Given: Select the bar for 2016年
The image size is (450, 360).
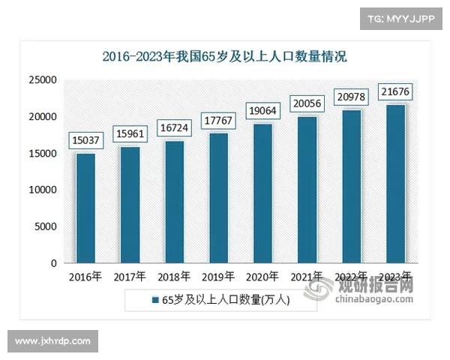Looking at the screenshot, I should click(85, 208).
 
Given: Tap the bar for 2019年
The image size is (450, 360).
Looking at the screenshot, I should click(218, 198).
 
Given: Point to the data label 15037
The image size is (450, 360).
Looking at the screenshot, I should click(85, 138).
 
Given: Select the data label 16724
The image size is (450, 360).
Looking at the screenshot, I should click(174, 128).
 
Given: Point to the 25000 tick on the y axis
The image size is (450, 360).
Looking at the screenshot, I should click(43, 79).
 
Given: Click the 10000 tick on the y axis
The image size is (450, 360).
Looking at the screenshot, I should click(43, 190).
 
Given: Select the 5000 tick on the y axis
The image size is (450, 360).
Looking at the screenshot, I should click(46, 226).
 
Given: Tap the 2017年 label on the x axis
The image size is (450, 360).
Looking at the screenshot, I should click(130, 277).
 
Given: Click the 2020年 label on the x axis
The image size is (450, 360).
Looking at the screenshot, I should click(262, 277).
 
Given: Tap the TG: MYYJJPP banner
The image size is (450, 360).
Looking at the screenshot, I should click(400, 17).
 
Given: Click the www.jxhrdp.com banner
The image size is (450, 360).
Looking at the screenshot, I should click(53, 341).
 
